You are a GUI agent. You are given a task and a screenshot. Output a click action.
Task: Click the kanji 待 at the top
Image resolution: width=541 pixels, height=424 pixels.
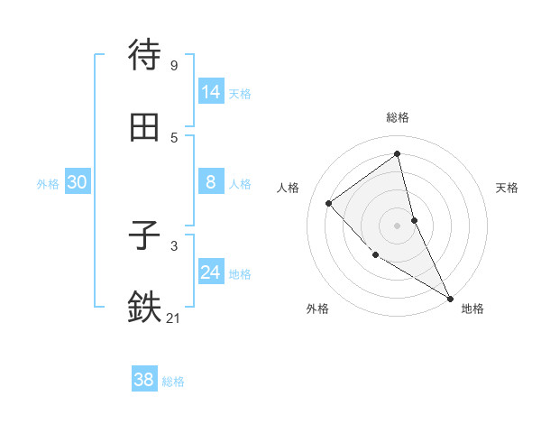(x=144, y=56)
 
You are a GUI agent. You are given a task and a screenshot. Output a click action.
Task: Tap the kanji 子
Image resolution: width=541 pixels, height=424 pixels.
(x=144, y=236)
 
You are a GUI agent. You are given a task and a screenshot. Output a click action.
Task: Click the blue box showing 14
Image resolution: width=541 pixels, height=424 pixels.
(x=211, y=92)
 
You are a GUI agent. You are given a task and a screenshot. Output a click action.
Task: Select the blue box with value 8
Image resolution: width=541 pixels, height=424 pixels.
(x=211, y=182)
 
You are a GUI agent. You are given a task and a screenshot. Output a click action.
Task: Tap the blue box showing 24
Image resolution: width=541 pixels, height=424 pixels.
(x=211, y=272)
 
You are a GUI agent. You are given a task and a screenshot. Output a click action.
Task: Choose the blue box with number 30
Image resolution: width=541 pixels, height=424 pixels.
(x=78, y=182)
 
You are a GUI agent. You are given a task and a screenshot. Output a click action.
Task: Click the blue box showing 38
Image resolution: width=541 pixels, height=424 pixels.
(x=144, y=380)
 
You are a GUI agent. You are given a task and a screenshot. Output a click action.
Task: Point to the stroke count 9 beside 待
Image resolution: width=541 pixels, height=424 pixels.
(x=173, y=66)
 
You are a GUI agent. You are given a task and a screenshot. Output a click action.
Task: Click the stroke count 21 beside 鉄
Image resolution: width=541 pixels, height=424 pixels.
(x=174, y=318)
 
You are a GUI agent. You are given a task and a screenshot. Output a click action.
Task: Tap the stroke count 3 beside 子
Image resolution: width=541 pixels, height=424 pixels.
(x=173, y=245)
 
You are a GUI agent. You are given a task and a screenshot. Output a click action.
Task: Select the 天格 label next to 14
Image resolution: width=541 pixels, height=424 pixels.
(x=240, y=94)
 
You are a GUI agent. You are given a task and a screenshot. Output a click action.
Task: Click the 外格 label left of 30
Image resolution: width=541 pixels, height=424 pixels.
(x=48, y=184)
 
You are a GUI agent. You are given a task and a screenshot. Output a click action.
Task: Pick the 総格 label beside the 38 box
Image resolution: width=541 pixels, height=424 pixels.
(x=173, y=382)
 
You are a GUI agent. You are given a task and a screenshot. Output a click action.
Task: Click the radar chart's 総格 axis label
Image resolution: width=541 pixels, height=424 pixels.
(x=398, y=117)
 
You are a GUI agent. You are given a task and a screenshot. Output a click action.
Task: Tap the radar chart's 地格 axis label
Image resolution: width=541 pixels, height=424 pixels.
(x=472, y=309)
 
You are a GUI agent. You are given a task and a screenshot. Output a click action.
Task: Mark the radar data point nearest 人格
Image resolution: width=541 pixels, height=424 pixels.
(x=329, y=203)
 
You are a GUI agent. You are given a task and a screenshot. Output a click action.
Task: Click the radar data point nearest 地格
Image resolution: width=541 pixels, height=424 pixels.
(x=450, y=298)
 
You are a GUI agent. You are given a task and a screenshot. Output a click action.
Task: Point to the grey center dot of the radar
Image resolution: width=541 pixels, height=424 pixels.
(x=398, y=226)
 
